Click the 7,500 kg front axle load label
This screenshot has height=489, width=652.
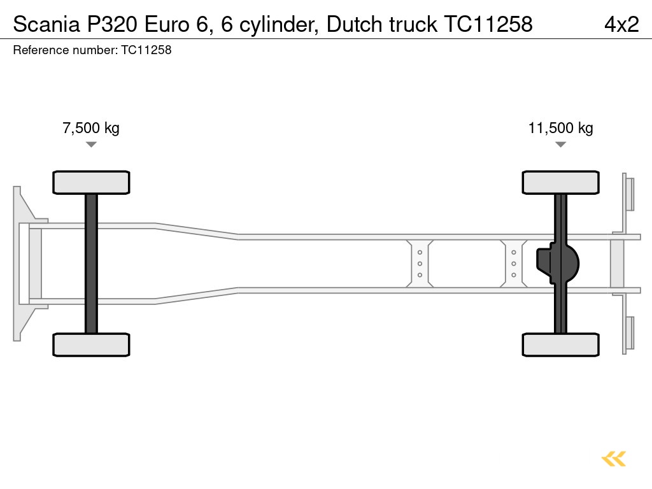[91, 128]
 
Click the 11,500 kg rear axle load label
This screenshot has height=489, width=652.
[560, 128]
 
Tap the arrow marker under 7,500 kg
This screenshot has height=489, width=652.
[91, 145]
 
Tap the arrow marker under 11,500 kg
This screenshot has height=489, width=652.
[560, 145]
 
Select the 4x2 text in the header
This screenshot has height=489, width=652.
[621, 24]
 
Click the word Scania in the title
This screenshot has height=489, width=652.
[44, 24]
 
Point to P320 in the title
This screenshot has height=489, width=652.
[112, 24]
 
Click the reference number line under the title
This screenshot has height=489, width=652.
[92, 50]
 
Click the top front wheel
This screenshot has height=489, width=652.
[91, 182]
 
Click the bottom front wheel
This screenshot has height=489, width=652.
[91, 344]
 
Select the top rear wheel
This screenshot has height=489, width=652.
[560, 182]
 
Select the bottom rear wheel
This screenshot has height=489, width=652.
[560, 344]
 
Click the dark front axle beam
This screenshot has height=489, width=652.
[91, 264]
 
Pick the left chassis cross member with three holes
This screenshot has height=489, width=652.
[420, 264]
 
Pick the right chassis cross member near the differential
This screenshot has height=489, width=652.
[513, 264]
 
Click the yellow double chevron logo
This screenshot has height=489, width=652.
[614, 459]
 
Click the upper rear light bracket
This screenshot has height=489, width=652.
[628, 194]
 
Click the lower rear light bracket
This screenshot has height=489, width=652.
[628, 334]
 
